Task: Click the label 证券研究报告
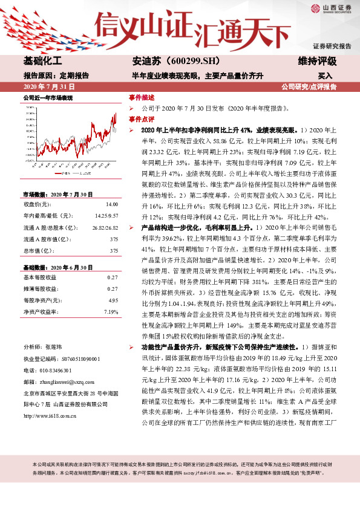click(332, 46)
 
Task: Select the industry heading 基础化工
click(42, 62)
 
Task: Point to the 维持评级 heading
click(317, 62)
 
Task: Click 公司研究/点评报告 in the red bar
click(309, 86)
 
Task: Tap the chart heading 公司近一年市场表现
click(48, 97)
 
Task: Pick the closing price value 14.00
click(112, 205)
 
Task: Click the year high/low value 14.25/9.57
click(106, 215)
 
